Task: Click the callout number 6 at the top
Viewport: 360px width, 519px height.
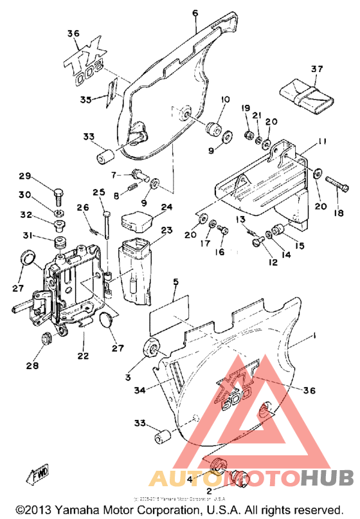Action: click(194, 12)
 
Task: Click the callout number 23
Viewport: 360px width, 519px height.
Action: click(167, 230)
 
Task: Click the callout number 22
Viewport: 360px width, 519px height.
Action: click(84, 356)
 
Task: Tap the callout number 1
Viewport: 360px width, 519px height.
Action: click(314, 335)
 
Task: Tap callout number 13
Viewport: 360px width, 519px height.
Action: click(240, 219)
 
